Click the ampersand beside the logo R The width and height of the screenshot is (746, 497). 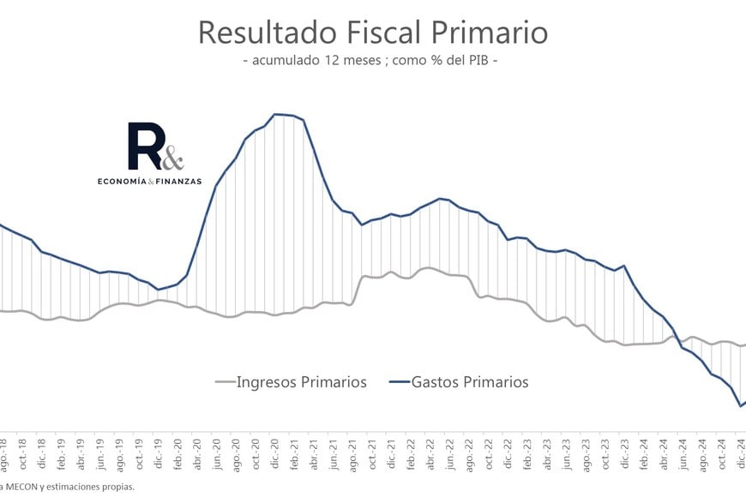pos(172,158)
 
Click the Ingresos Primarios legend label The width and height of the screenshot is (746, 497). pos(301,382)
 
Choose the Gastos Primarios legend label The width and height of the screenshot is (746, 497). pos(470,382)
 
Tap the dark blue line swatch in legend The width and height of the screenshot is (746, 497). pos(397,383)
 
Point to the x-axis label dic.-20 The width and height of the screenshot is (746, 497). pos(276,455)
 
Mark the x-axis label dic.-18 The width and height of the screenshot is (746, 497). pos(44,455)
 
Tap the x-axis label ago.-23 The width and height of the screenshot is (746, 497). pos(586,455)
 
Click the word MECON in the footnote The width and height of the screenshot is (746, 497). pos(22,487)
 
